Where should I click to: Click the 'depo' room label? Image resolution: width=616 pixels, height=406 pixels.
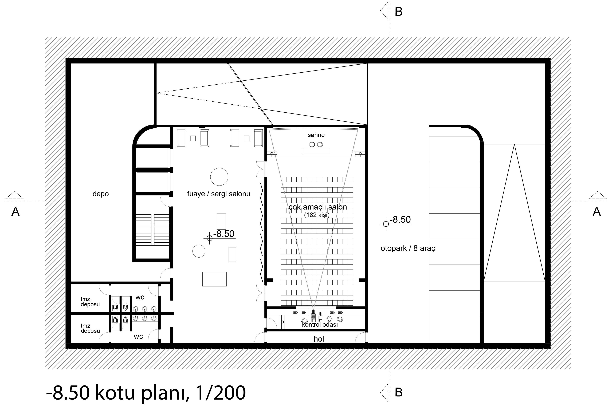click(x=100, y=194)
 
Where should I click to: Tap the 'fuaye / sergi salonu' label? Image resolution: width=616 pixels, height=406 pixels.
click(x=219, y=194)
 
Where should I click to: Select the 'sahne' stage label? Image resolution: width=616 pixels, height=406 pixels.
click(x=316, y=135)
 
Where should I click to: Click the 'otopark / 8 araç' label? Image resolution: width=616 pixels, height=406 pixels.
click(x=408, y=248)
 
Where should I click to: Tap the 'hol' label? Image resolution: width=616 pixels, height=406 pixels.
click(x=319, y=339)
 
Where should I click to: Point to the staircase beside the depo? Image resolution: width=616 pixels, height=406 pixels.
click(x=152, y=230)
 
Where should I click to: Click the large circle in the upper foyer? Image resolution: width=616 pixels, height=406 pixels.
click(x=219, y=177)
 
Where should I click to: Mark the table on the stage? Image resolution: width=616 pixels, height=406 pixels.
click(x=316, y=151)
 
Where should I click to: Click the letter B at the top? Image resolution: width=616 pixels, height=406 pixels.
click(x=398, y=12)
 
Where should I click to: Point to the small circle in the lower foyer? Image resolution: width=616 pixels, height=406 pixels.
click(x=199, y=251)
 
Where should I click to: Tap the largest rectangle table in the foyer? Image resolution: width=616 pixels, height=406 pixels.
click(x=214, y=279)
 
